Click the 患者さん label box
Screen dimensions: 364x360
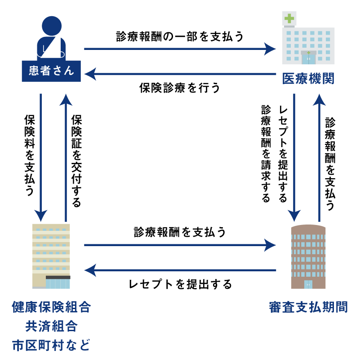coord(51,71)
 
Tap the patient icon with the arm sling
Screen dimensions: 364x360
coord(52,40)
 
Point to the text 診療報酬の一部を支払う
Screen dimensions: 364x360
coord(180,37)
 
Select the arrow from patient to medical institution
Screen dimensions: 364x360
coord(180,49)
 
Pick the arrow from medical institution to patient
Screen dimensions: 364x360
coord(180,73)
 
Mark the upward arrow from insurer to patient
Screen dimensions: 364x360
coord(65,157)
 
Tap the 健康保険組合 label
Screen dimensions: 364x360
coord(51,308)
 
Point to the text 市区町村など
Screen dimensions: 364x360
coord(51,345)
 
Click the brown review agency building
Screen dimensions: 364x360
coord(308,256)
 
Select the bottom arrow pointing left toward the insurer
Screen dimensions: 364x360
coord(180,271)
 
